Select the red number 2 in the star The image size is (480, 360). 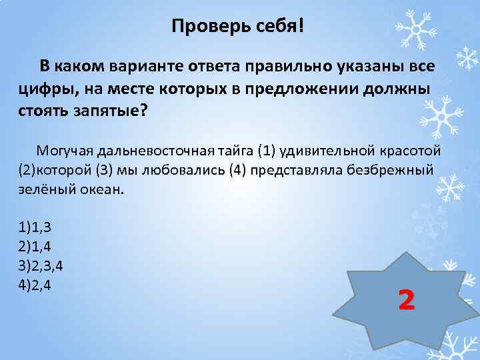[406, 300]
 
